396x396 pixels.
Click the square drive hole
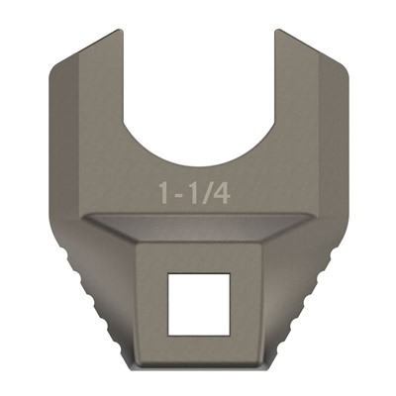197,304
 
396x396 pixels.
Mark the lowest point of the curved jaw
197,160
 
